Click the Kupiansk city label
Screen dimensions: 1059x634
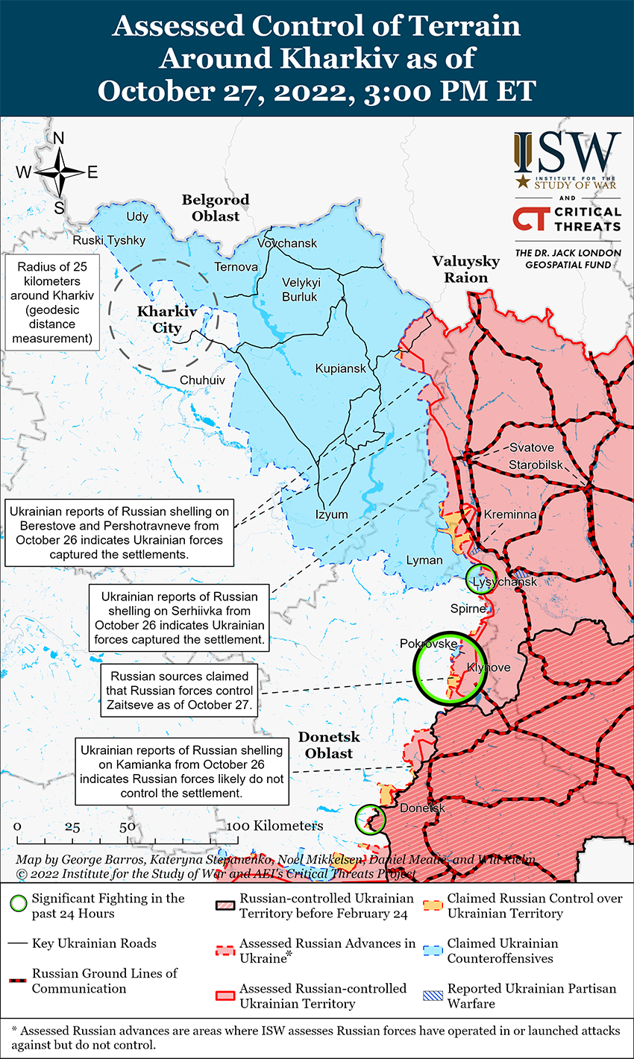[341, 368]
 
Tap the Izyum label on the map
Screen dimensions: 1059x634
[331, 515]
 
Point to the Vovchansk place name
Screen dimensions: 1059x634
[287, 243]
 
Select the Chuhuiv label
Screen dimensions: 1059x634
[202, 380]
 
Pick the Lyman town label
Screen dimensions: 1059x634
[424, 560]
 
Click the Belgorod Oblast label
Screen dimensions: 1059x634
[216, 208]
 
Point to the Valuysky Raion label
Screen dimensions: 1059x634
[466, 269]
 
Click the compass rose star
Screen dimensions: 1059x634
[60, 172]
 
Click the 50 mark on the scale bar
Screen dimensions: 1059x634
[127, 827]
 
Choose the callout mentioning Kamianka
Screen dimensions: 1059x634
[182, 771]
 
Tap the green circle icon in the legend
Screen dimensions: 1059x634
[20, 904]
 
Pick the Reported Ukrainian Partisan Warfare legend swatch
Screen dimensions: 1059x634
[434, 995]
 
